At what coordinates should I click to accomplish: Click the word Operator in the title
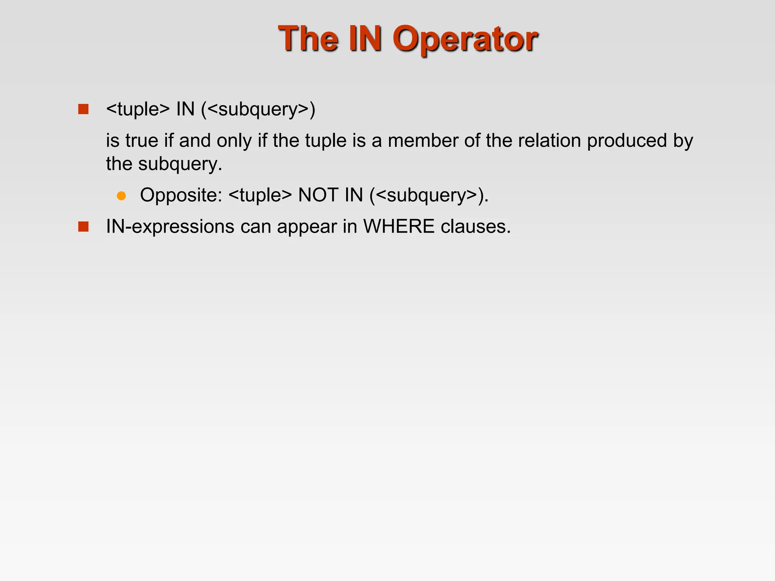coord(465,39)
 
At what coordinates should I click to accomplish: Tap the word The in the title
coord(308,39)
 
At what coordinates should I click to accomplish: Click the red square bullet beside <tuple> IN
coord(83,109)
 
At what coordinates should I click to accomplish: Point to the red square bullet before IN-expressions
coord(83,227)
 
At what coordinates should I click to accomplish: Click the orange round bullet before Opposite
coord(121,196)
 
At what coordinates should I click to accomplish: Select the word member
coord(423,141)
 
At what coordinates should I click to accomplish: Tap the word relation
coord(549,141)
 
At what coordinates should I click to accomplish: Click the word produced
coord(627,141)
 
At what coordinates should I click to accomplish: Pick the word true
coord(142,141)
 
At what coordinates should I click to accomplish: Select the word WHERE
coord(399,227)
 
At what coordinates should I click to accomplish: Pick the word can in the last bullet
coord(255,227)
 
